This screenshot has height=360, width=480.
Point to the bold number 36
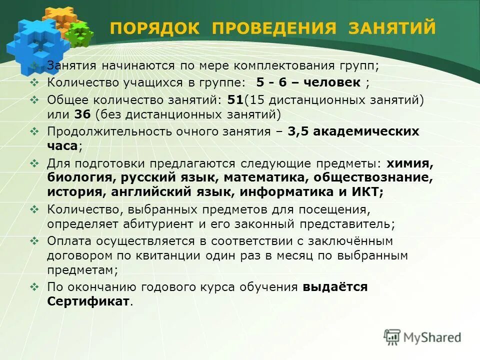[x=82, y=114]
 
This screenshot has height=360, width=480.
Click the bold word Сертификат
[x=88, y=301]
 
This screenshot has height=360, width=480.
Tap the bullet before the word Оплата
[x=34, y=240]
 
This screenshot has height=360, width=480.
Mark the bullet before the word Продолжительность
[x=34, y=131]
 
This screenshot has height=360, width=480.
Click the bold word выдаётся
[x=335, y=287]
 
